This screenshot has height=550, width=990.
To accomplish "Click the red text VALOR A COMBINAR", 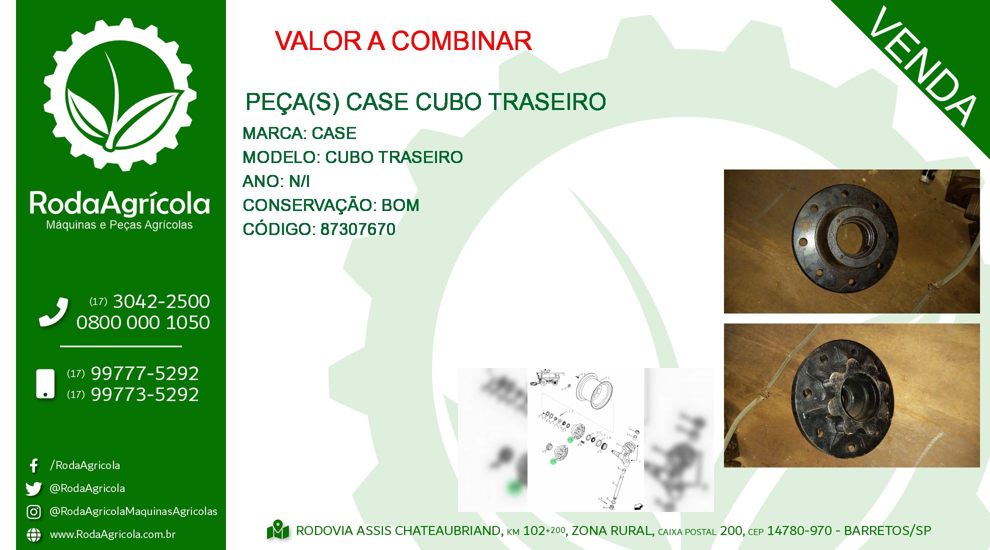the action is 403,41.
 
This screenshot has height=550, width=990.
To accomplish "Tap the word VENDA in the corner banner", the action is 922,66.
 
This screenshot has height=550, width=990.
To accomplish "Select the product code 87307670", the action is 358,229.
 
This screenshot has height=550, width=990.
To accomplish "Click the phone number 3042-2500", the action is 161,301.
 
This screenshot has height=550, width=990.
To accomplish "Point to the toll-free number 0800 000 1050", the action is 143,322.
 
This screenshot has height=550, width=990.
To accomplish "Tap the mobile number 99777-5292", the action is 145,373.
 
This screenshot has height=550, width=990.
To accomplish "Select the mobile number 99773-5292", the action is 145,394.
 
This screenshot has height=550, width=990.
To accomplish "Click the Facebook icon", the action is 33,465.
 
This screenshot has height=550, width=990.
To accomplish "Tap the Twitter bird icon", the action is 33,488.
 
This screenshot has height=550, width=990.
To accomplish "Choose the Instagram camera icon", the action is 33,511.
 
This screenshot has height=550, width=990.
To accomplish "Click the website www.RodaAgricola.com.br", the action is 112,534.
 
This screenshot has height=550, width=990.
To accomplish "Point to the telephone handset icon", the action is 53,312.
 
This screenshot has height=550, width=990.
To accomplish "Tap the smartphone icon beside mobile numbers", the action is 45,384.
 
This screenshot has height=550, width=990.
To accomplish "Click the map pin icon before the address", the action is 278,530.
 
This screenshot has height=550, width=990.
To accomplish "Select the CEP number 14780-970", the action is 799,530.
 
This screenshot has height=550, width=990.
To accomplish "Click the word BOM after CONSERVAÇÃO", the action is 400,205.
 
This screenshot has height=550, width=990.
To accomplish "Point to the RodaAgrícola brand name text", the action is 119,203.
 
